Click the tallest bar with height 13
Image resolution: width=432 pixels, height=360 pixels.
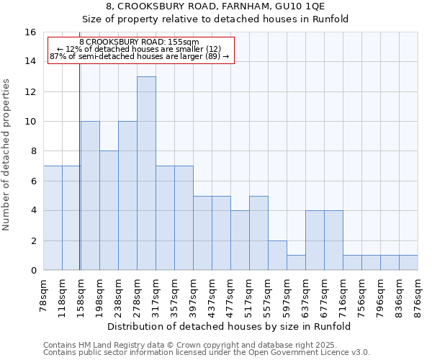pyautogui.click(x=146, y=173)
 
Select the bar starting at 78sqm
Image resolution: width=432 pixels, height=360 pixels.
pyautogui.click(x=53, y=217)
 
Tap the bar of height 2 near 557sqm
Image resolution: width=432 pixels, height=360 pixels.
pyautogui.click(x=277, y=255)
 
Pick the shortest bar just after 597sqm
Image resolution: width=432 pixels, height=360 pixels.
pyautogui.click(x=296, y=262)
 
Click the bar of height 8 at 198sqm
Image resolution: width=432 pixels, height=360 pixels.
pyautogui.click(x=109, y=210)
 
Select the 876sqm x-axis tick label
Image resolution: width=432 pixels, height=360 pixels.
pyautogui.click(x=418, y=296)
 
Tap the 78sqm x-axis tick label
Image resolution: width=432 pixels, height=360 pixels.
pyautogui.click(x=44, y=296)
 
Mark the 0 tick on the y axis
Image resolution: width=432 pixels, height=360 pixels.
pyautogui.click(x=32, y=270)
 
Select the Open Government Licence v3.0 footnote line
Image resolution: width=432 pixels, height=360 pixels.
pyautogui.click(x=207, y=353)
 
